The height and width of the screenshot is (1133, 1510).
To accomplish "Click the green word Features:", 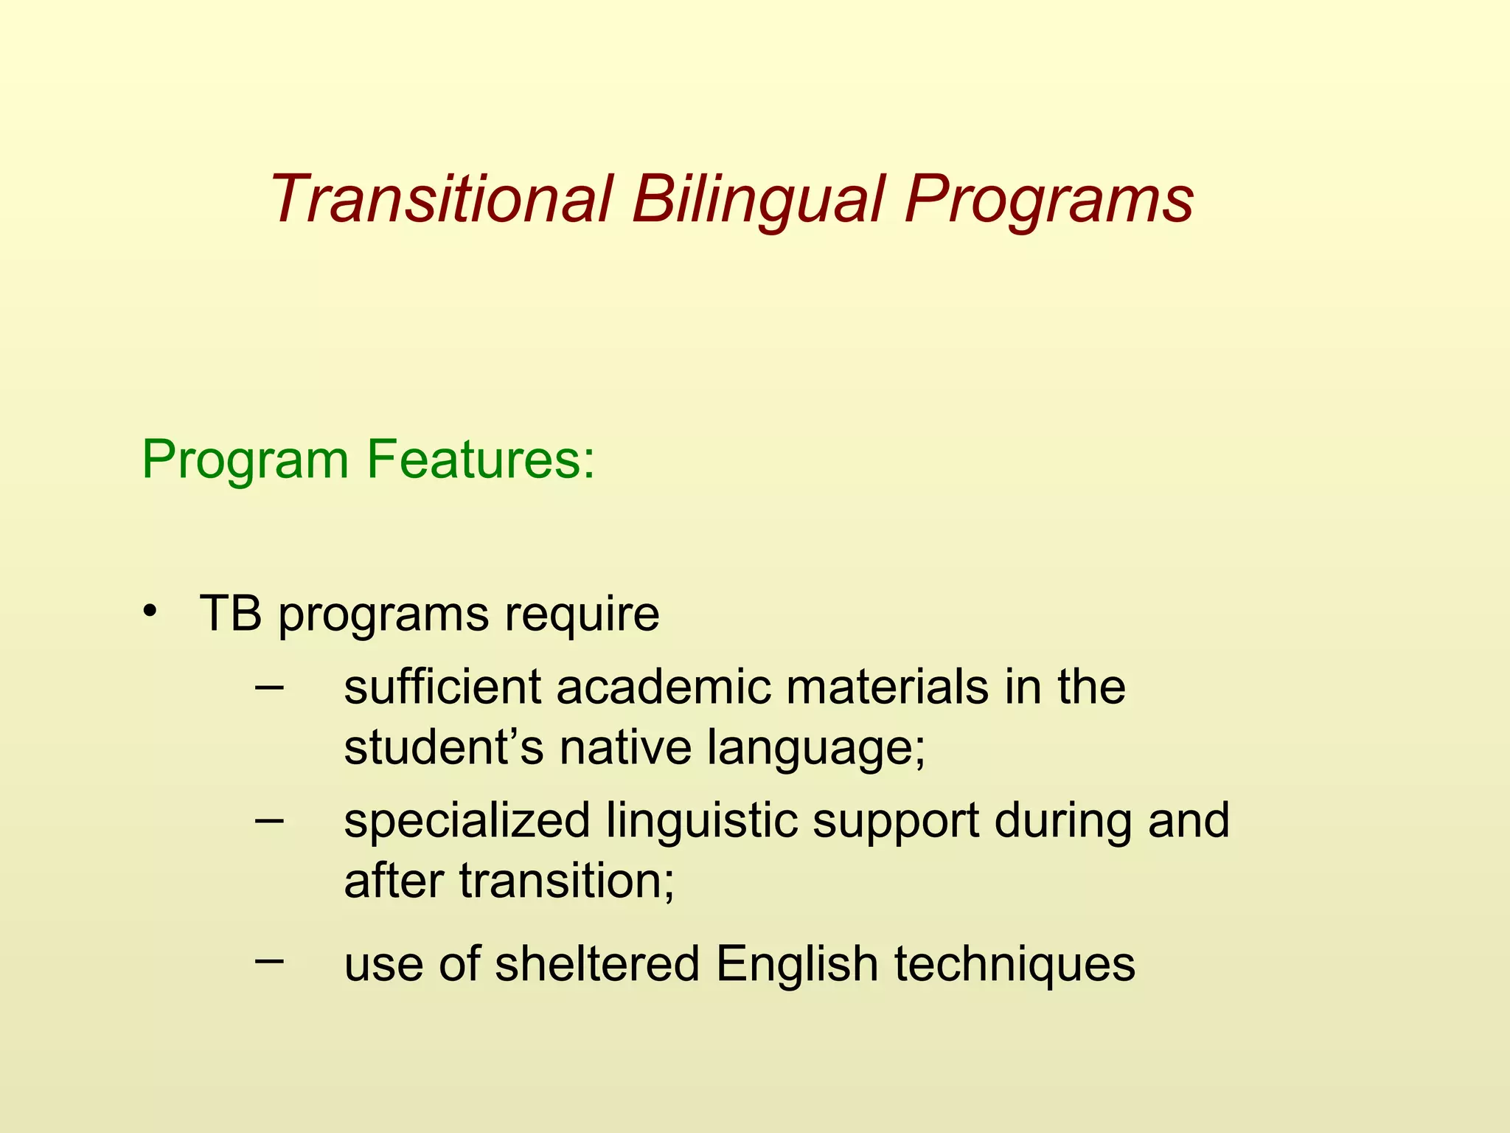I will coord(480,460).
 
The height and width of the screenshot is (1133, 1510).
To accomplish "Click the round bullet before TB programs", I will coord(150,611).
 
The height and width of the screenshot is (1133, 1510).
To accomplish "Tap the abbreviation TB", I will coord(230,613).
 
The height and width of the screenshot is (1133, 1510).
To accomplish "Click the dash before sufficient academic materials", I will coord(268,686).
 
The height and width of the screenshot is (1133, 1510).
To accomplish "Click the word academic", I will coord(662,687).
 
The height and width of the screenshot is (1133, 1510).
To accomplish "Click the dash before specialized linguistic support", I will coord(268,820).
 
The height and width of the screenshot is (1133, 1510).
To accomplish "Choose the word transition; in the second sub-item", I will coord(566,881).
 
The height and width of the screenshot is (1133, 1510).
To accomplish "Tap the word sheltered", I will coord(596,963).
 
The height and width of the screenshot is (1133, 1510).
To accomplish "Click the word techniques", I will coord(1015,965).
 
